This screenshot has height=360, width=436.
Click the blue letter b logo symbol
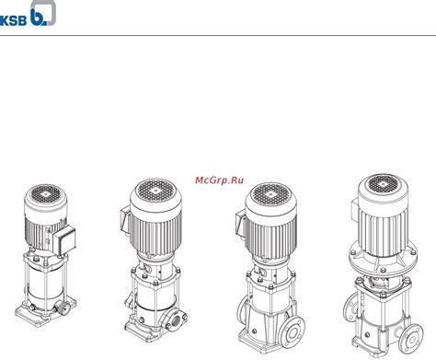pos(38,17)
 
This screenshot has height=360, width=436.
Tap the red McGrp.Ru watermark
pos(219,180)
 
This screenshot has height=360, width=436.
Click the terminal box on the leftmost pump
pos(64,240)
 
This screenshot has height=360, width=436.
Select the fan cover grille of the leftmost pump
pos(46,194)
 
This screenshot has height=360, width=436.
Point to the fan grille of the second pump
pos(155,191)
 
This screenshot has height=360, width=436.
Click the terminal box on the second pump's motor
pos(126,221)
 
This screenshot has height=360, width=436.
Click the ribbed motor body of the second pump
pos(155,232)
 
